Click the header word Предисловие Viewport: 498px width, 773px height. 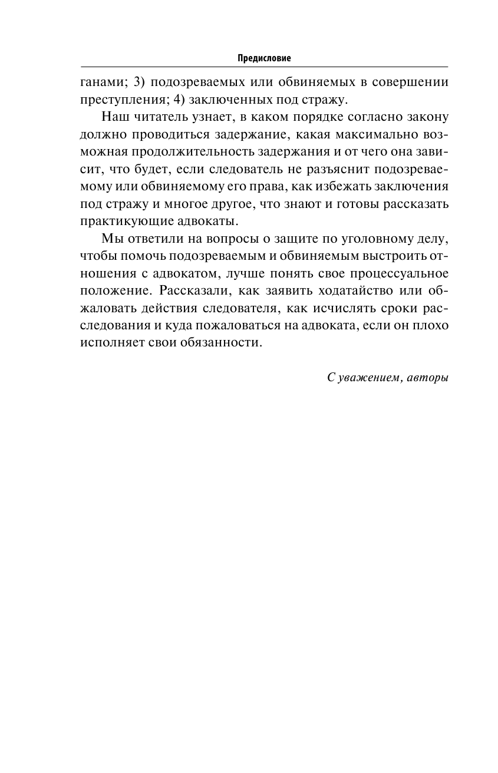click(265, 58)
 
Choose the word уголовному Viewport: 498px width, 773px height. click(368, 239)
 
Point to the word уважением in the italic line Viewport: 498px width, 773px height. click(366, 378)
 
